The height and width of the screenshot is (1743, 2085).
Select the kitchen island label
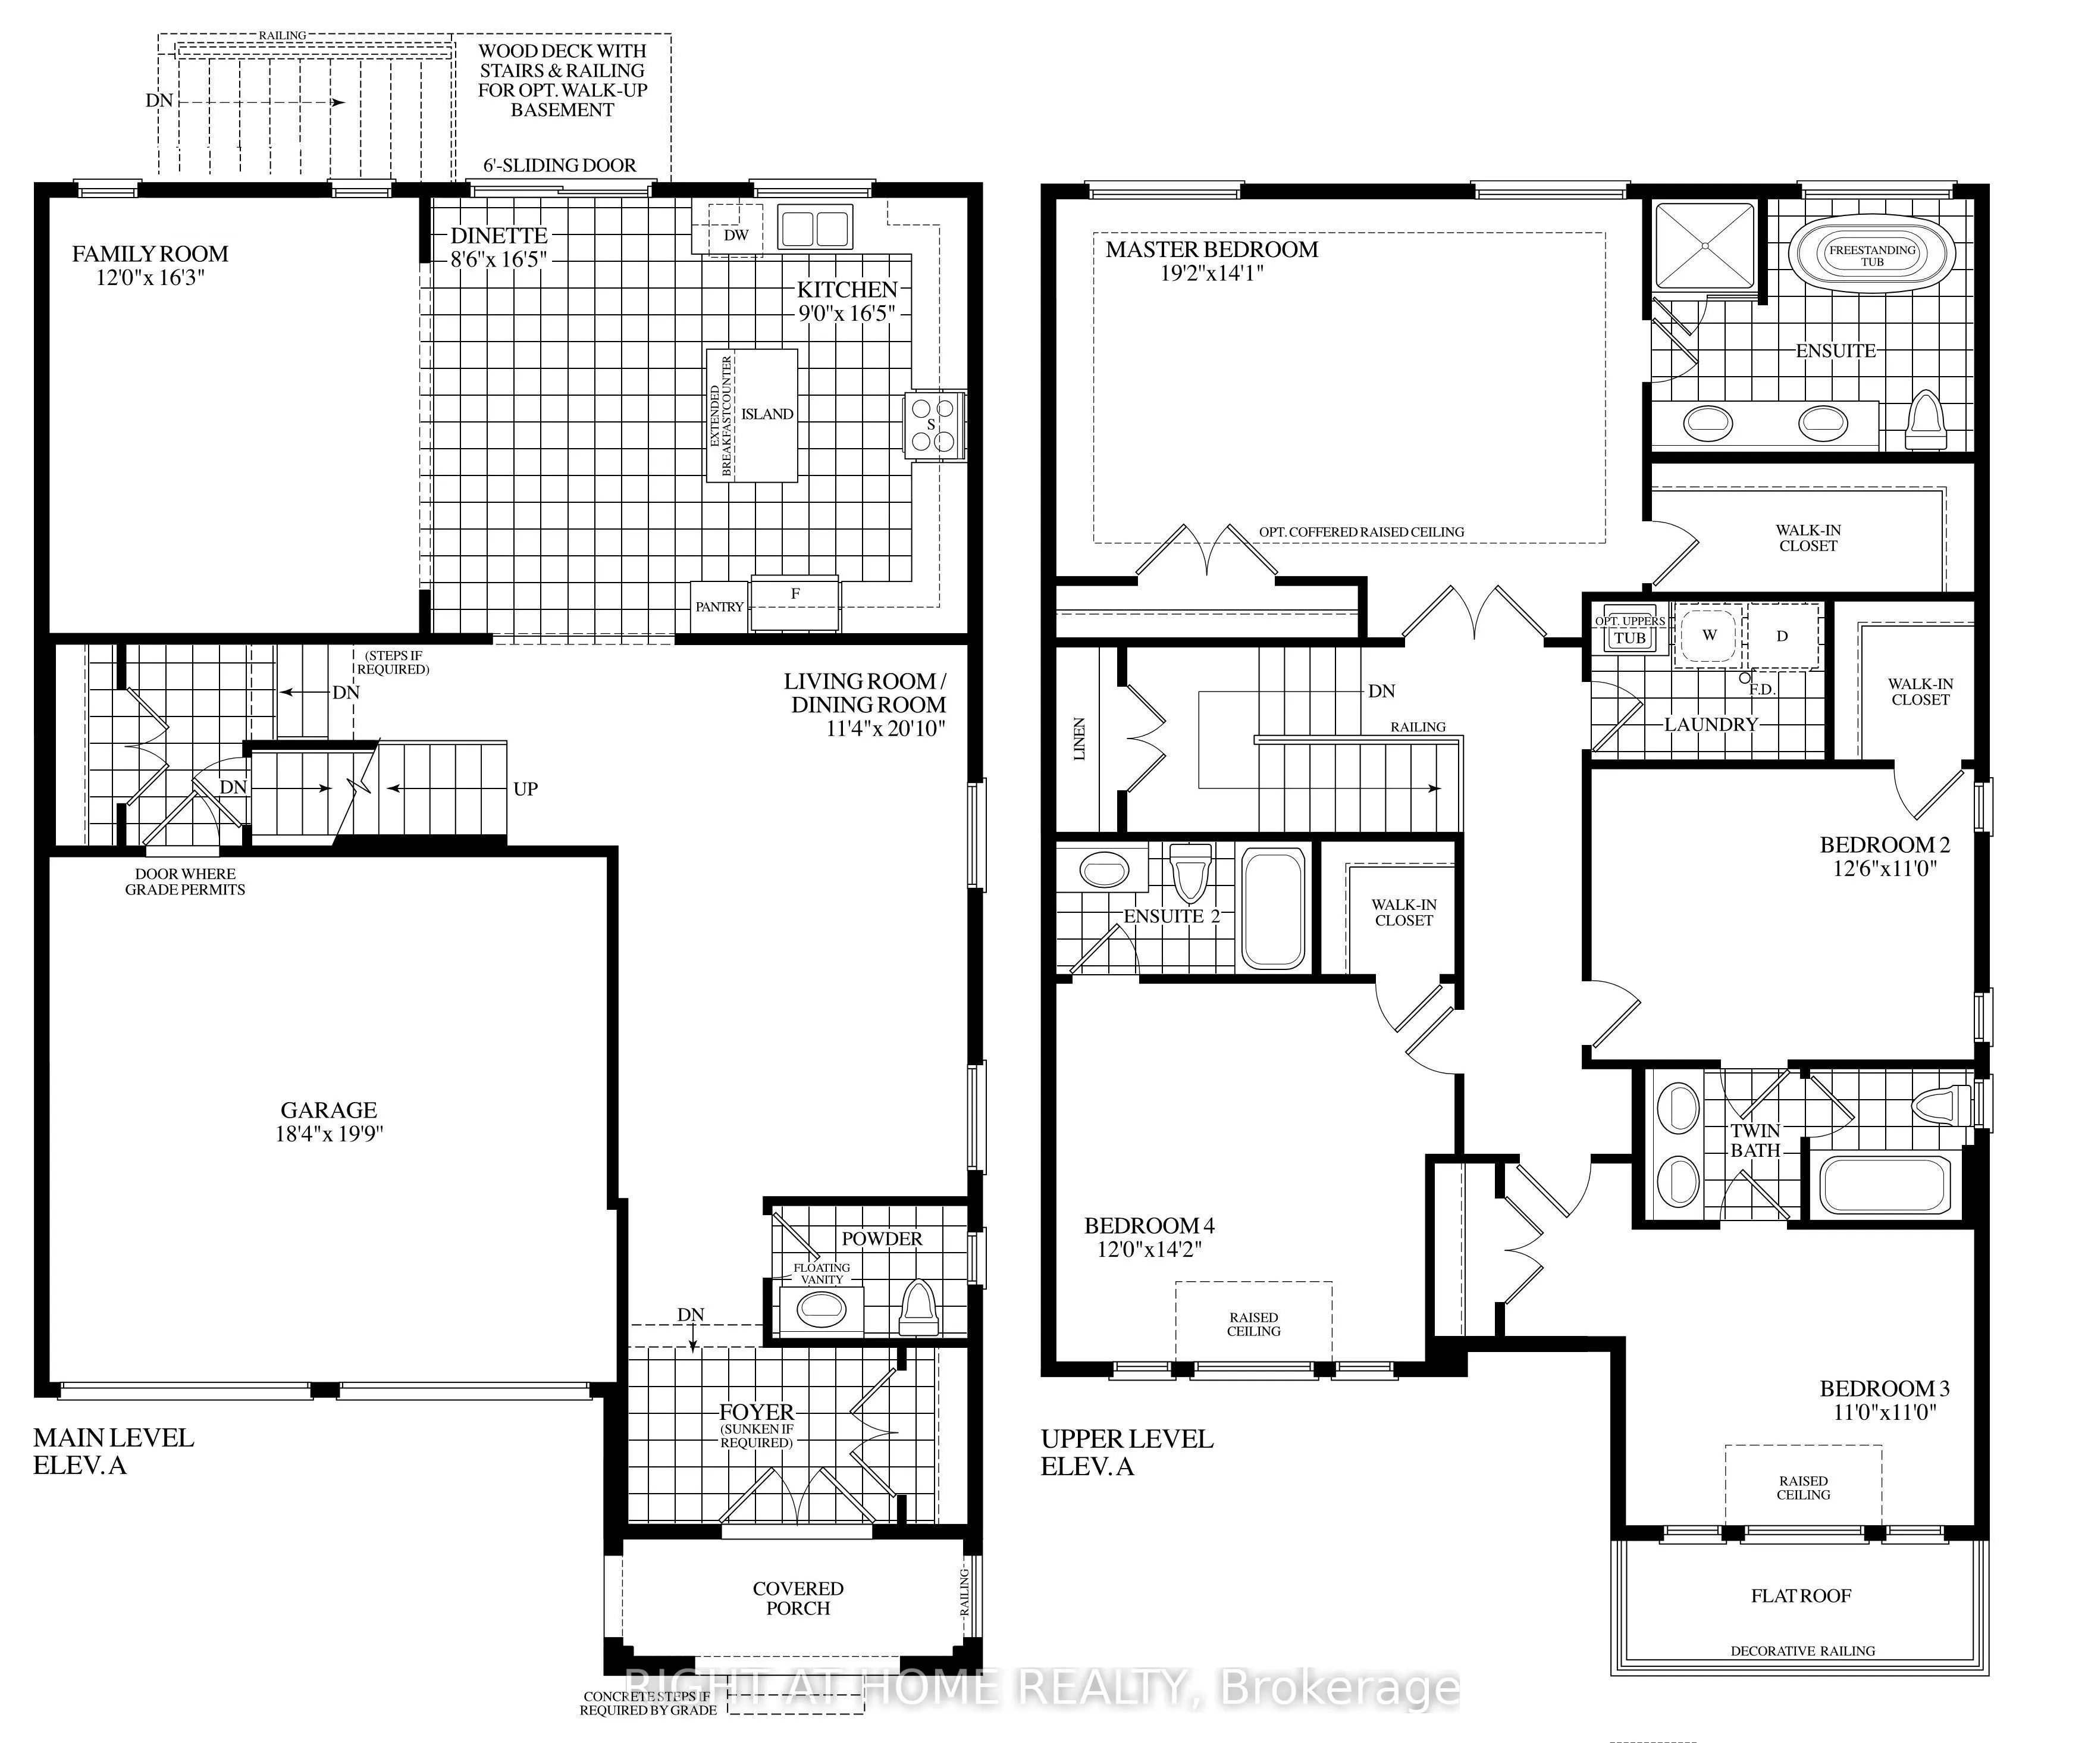767,414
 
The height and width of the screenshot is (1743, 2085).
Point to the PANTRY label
719,607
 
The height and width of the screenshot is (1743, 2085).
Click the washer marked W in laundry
1708,634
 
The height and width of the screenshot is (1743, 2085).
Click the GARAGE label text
328,1110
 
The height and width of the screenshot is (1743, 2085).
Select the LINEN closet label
1079,738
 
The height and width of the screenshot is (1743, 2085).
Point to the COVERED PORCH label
798,1598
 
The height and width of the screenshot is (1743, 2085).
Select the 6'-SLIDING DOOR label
560,165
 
